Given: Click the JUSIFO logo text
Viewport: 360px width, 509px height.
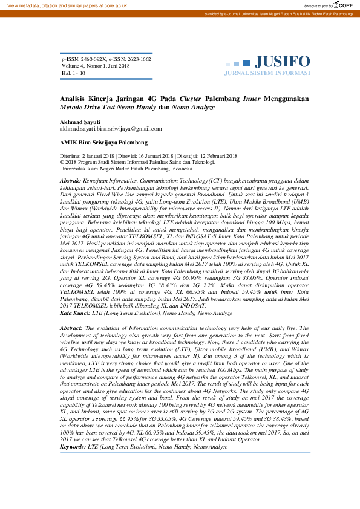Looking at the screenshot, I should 282,62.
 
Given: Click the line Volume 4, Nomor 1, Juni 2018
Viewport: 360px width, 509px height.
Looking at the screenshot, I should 95,66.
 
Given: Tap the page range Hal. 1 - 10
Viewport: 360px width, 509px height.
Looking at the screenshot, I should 73,73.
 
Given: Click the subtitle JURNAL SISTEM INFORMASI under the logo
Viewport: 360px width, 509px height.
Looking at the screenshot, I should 267,73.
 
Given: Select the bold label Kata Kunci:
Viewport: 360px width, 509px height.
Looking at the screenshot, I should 76,313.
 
